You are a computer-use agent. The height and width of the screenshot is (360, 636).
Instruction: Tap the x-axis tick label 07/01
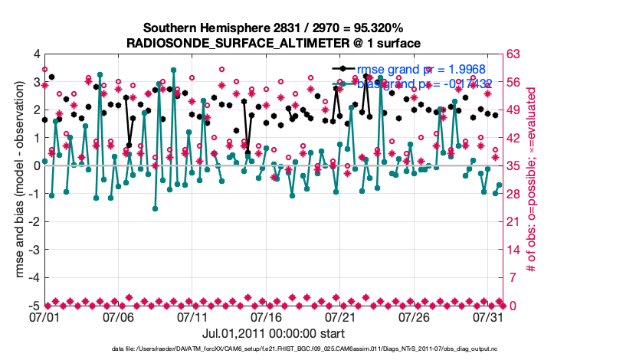(45, 316)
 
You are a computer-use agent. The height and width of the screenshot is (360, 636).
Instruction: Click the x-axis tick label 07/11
(194, 316)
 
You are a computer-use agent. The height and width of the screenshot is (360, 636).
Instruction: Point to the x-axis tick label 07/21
(342, 316)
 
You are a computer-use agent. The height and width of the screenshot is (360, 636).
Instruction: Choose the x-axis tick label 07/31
(489, 316)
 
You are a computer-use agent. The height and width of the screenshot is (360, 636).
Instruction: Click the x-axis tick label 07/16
(267, 316)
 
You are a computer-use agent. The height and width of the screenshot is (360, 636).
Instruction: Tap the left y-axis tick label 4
(36, 54)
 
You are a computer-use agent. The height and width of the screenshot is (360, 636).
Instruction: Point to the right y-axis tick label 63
(514, 54)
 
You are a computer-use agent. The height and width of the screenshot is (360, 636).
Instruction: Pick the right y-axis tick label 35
(514, 166)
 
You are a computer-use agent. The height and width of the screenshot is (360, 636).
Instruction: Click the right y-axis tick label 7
(512, 278)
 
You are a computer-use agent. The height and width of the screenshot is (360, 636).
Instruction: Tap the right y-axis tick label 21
(514, 222)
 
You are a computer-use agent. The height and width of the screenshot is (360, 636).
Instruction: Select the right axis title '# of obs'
(531, 180)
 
